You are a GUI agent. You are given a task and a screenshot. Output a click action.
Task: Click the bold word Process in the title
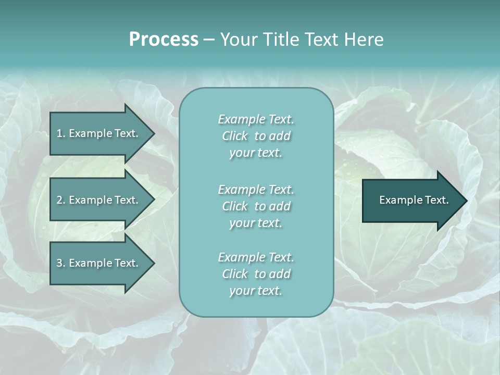[164, 40]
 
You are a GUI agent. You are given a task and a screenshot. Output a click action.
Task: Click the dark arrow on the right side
[411, 200]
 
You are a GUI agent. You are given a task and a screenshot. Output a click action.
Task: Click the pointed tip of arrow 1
[152, 133]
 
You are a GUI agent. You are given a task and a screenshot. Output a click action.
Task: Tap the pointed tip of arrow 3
[152, 263]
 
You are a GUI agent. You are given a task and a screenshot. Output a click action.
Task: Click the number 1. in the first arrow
[60, 133]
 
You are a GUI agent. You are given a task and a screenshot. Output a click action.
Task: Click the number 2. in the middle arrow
[60, 200]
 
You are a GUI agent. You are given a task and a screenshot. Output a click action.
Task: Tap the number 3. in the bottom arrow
[60, 263]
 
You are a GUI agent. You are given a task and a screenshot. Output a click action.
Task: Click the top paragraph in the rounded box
[256, 136]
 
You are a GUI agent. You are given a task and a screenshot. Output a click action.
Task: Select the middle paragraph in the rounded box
[256, 206]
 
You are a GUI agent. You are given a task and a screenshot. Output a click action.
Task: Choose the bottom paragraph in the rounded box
[256, 274]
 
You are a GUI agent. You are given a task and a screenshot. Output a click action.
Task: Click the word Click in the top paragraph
[235, 136]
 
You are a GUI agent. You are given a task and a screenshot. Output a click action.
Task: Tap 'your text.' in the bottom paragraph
[256, 291]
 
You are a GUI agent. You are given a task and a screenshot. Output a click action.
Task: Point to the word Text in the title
[322, 40]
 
